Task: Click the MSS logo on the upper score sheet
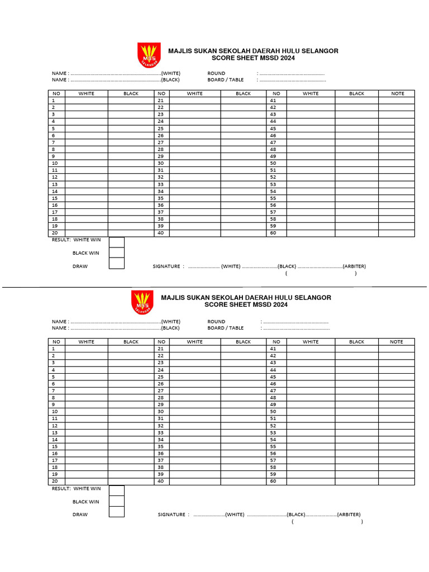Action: click(x=149, y=55)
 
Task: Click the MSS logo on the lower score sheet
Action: click(x=142, y=303)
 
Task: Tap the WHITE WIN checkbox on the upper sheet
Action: click(x=117, y=242)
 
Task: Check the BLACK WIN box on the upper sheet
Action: click(x=117, y=253)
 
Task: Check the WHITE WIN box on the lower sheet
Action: click(x=117, y=490)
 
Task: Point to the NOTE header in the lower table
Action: click(x=396, y=342)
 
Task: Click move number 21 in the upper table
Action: click(x=161, y=101)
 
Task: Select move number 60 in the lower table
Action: click(x=273, y=481)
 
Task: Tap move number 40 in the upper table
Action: click(x=161, y=233)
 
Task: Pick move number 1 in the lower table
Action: click(x=54, y=349)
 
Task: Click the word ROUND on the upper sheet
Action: click(x=216, y=73)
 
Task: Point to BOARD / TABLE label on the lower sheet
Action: click(x=225, y=328)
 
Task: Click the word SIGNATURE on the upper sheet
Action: click(x=166, y=266)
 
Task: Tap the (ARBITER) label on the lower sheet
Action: click(x=349, y=514)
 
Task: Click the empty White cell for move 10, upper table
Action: click(x=87, y=163)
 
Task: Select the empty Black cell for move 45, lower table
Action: click(x=356, y=377)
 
